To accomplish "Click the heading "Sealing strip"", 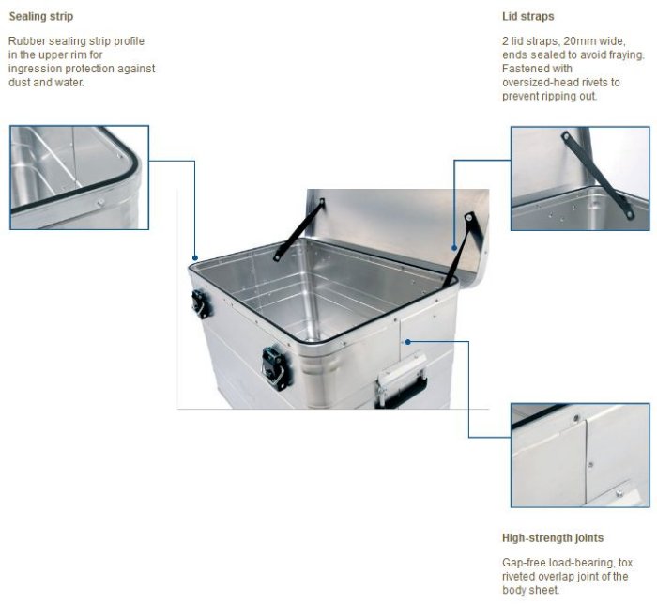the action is pos(41,17).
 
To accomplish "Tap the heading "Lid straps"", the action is pos(527,16).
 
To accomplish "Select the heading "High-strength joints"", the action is pos(553,538).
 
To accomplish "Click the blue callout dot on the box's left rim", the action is pos(195,257).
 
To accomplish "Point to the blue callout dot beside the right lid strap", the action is pos(454,248).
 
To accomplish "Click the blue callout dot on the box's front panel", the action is pos(407,342).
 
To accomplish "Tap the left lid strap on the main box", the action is pos(298,230).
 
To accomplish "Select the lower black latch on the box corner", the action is pos(274,368).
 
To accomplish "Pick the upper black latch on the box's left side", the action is pos(200,304).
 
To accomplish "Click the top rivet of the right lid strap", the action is pos(469,217).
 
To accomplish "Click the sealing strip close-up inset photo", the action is pos(79,178).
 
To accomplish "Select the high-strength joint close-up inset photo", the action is pos(580,456).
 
